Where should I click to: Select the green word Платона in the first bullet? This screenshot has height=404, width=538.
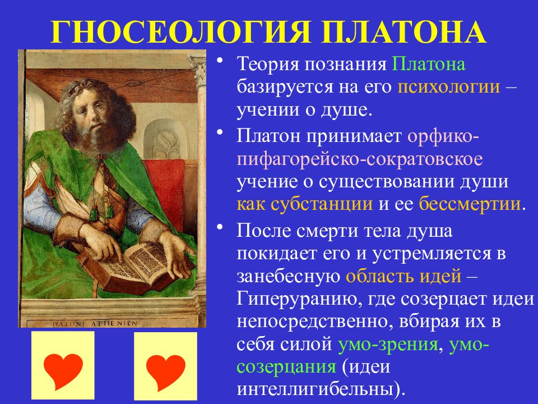429,64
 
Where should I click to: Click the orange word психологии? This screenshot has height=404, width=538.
448,88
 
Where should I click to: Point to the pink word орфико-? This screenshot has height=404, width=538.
443,137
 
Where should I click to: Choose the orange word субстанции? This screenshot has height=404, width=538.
322,205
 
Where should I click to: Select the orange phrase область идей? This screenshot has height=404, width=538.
403,276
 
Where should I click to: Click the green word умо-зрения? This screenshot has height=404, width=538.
388,345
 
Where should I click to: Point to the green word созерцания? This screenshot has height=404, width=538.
286,367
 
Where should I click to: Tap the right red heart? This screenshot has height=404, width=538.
166,371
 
